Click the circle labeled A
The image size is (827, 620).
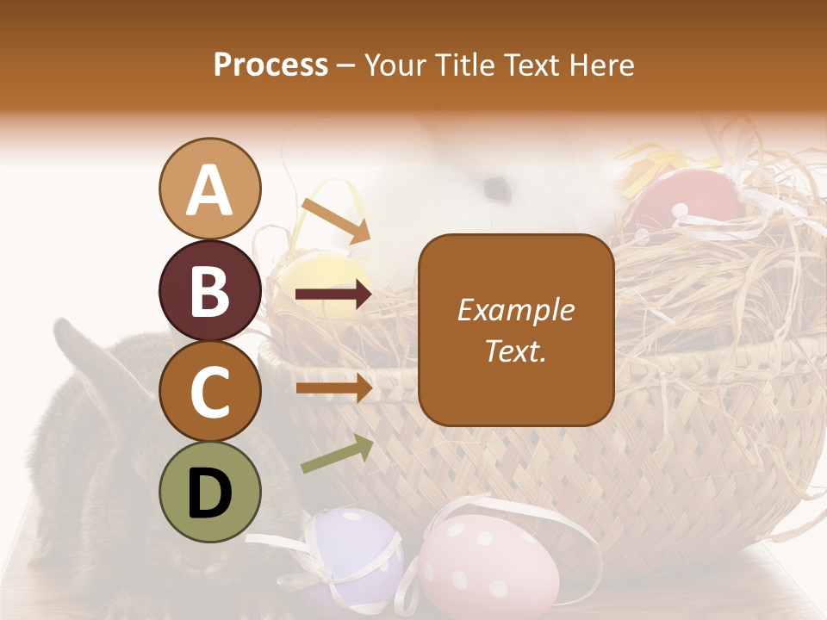pyautogui.click(x=209, y=189)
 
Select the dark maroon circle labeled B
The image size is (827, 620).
pyautogui.click(x=209, y=290)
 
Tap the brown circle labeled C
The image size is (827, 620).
pyautogui.click(x=209, y=392)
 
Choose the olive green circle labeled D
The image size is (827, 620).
pyautogui.click(x=209, y=493)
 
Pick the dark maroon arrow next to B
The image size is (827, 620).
pyautogui.click(x=334, y=295)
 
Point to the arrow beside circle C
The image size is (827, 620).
pyautogui.click(x=334, y=387)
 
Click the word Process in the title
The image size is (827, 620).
pyautogui.click(x=270, y=65)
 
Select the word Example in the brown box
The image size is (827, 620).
pyautogui.click(x=516, y=310)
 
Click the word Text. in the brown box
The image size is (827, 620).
pyautogui.click(x=516, y=351)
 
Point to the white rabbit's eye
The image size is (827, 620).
pyautogui.click(x=494, y=186)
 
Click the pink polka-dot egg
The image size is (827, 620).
pyautogui.click(x=488, y=565)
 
